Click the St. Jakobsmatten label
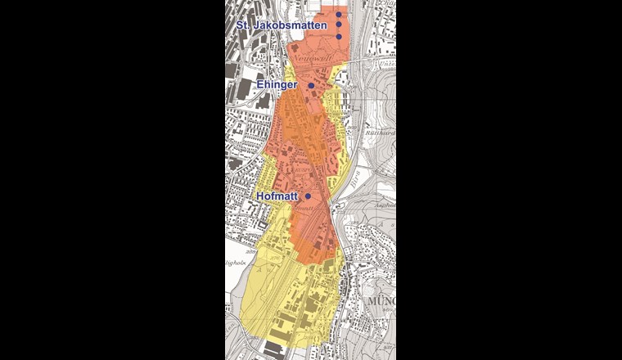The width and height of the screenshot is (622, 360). pos(282,26)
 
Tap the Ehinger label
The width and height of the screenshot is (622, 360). pos(279,84)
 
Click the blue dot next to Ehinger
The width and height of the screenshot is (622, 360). pos(311,85)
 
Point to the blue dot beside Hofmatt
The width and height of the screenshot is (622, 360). pos(308,196)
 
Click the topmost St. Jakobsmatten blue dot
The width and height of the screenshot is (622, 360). pos(339,15)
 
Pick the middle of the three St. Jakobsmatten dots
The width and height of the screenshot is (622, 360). pos(339,25)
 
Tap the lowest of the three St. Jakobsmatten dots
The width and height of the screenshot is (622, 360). pos(339,36)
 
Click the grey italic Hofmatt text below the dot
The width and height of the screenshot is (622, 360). pos(304,209)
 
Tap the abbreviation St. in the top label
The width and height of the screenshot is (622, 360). pos(241,26)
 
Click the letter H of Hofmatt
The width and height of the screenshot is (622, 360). pos(259,196)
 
